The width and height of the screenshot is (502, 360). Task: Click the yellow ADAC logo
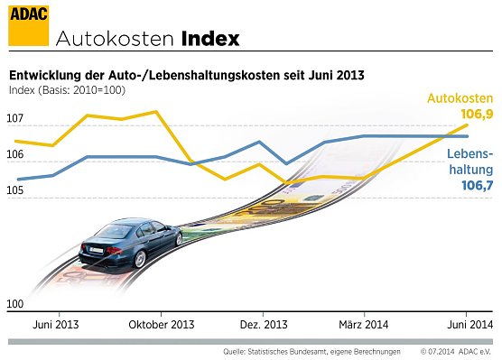click(x=28, y=24)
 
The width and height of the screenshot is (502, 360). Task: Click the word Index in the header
click(x=210, y=40)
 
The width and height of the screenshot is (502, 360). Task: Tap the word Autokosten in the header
click(x=115, y=40)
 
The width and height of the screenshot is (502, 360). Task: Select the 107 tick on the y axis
click(x=15, y=119)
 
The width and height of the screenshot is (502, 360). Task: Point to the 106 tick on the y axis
click(x=15, y=155)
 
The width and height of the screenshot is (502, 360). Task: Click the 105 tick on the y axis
click(x=15, y=191)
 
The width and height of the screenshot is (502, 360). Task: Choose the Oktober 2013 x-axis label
click(x=163, y=324)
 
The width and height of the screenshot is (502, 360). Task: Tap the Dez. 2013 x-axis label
click(x=263, y=324)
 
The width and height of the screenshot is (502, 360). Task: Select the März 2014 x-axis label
click(x=364, y=324)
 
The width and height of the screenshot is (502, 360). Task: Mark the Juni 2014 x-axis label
click(x=470, y=324)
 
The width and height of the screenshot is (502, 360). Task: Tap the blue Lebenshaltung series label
click(x=469, y=162)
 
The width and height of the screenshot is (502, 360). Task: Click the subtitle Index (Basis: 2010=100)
click(x=67, y=90)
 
